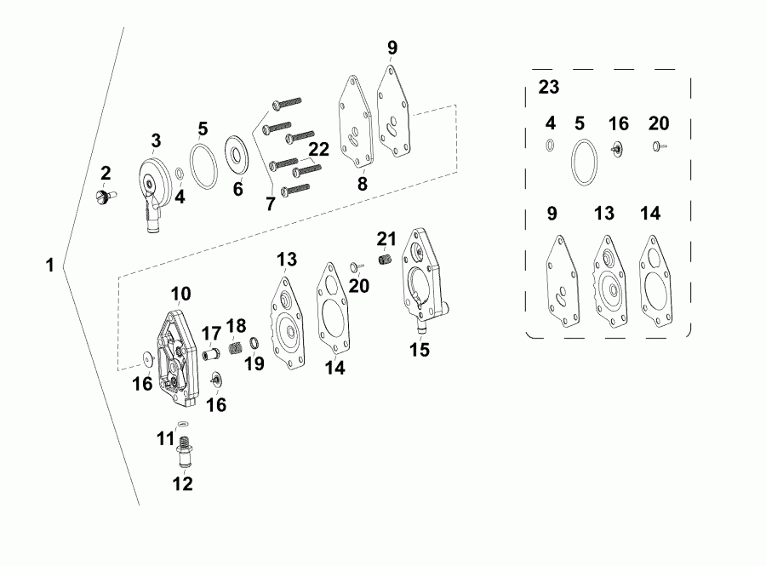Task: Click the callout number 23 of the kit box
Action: [x=549, y=86]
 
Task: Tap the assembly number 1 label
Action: [x=49, y=266]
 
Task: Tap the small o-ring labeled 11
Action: [x=182, y=425]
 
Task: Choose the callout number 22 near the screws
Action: [x=317, y=149]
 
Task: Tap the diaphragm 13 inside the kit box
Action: [x=609, y=280]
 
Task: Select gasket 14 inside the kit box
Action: [x=656, y=281]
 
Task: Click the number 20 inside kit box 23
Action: [x=658, y=123]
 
